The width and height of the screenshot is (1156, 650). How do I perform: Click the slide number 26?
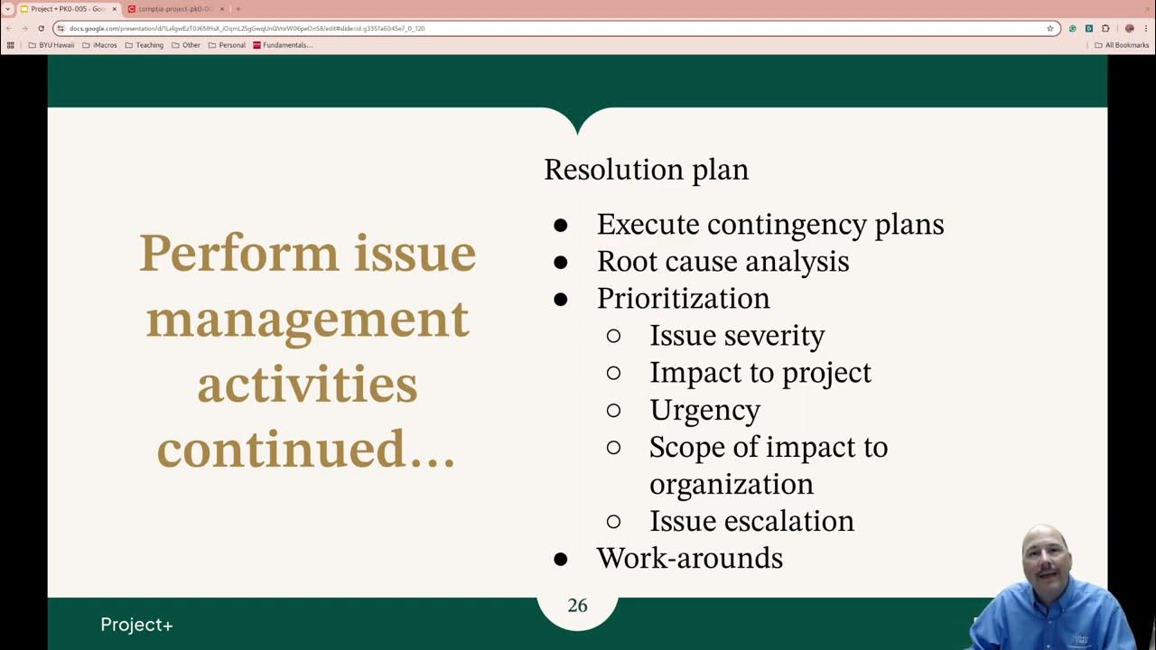(x=577, y=606)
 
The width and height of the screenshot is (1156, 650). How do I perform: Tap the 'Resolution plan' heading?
(x=646, y=170)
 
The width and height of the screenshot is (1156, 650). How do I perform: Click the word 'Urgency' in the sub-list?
(x=704, y=410)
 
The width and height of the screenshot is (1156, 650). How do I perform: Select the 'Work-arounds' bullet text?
(x=689, y=558)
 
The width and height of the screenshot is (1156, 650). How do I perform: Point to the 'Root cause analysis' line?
(x=722, y=262)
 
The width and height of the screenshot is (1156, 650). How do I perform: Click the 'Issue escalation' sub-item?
(x=751, y=521)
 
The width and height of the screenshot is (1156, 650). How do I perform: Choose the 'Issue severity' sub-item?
(x=737, y=336)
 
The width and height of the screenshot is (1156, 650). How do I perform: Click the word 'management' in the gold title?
(x=307, y=319)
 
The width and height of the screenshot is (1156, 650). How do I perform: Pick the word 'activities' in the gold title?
(x=307, y=384)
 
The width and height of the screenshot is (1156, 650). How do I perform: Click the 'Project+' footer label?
(x=136, y=625)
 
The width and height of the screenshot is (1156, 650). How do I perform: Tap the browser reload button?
(x=41, y=28)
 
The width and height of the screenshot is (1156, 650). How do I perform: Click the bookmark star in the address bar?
(x=1049, y=28)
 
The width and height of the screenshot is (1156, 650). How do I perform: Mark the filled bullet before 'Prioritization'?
(x=560, y=300)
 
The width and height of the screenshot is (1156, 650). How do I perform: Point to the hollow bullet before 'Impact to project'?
(x=614, y=373)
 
